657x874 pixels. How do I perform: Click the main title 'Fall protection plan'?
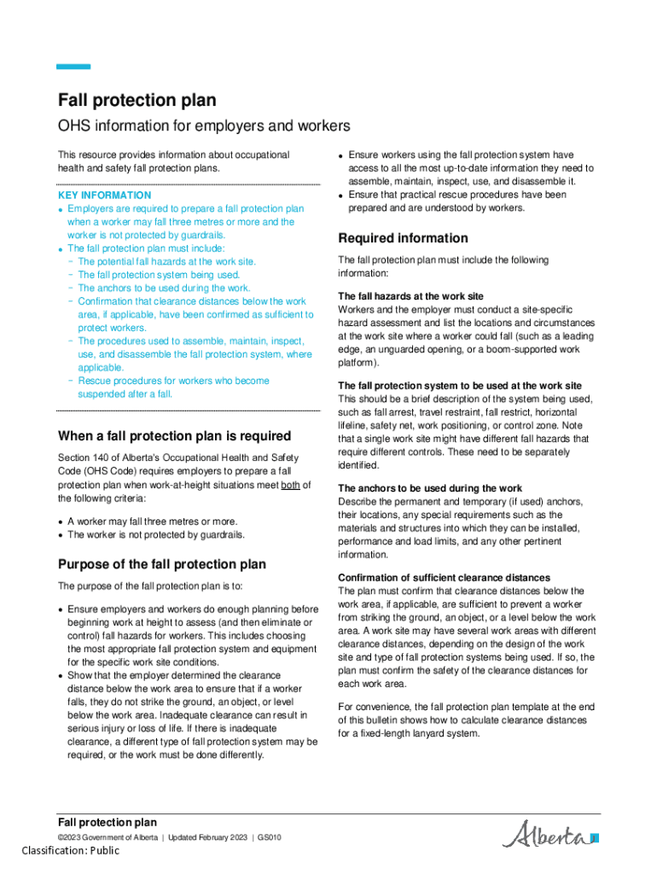click(x=137, y=101)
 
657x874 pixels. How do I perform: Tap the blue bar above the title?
click(x=73, y=67)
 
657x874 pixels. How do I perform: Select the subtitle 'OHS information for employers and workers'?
click(x=204, y=126)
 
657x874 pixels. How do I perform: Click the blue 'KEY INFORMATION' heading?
click(x=104, y=195)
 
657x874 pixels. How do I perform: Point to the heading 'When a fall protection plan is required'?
click(x=174, y=436)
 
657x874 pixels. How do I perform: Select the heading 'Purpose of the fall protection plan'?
click(x=161, y=564)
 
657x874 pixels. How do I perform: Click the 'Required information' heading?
click(x=403, y=238)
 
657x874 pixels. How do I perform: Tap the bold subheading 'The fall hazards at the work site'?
click(x=410, y=296)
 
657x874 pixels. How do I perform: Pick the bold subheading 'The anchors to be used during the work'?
click(x=430, y=488)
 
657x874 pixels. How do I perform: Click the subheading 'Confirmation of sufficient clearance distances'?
click(x=444, y=578)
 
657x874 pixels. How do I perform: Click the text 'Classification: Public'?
click(x=71, y=850)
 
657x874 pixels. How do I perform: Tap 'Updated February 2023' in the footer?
click(x=207, y=837)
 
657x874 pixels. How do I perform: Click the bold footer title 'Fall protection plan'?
click(x=107, y=823)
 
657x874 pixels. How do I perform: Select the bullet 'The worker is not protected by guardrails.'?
click(x=156, y=535)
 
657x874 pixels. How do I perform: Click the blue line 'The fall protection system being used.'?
click(x=159, y=275)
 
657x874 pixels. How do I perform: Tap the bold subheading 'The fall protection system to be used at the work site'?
click(x=460, y=386)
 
